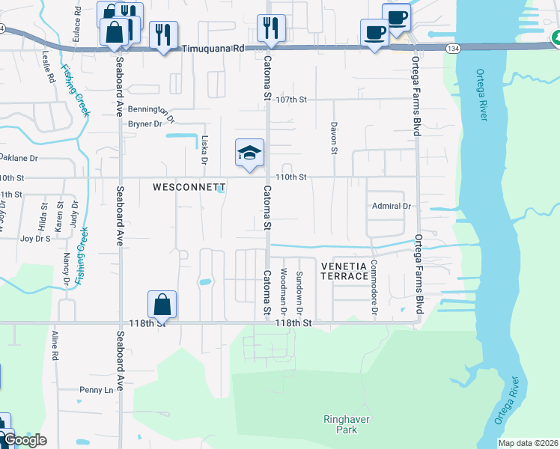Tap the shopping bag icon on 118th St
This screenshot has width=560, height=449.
tap(162, 305)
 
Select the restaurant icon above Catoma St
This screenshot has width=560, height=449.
tap(269, 28)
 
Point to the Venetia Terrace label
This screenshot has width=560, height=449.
tap(345, 271)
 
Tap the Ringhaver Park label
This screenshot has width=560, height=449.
tap(346, 425)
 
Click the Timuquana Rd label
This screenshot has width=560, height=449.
tap(213, 48)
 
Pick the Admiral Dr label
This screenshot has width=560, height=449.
tap(392, 206)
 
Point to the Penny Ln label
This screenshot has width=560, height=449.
tap(97, 390)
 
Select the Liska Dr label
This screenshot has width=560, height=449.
tap(204, 150)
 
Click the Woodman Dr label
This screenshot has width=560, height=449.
tap(283, 290)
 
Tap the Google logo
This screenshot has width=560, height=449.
tap(24, 440)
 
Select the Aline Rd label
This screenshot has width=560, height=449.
tap(55, 346)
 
